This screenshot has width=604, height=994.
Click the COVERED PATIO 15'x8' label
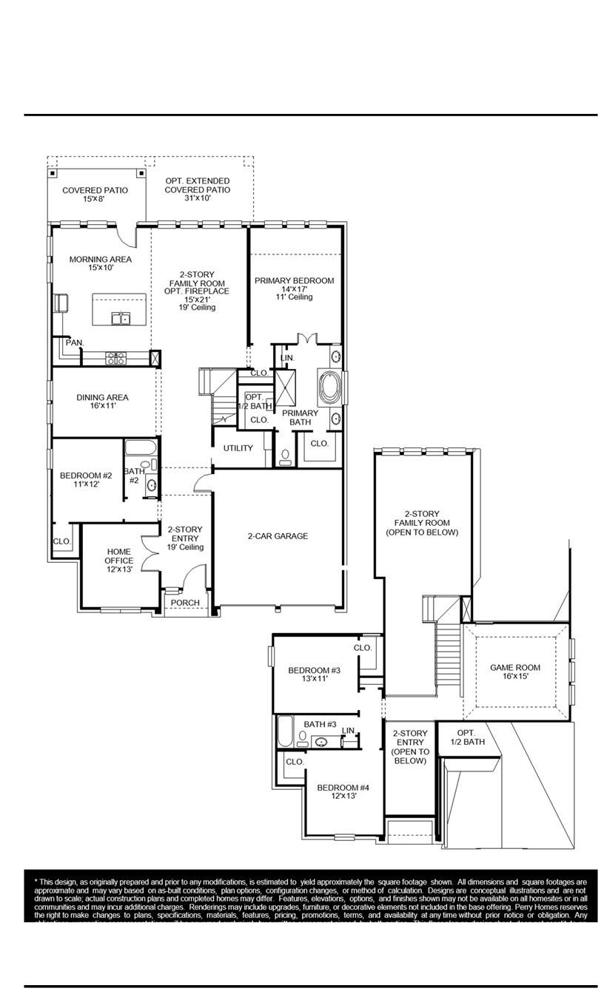(95, 195)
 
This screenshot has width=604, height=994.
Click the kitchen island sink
(121, 318)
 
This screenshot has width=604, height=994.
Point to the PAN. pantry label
(74, 342)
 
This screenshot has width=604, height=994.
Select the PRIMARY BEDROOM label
(294, 288)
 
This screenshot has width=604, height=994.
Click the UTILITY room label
(238, 448)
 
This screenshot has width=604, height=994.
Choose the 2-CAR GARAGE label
(278, 536)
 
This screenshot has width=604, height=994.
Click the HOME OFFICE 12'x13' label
(119, 561)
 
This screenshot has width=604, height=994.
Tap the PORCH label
(185, 603)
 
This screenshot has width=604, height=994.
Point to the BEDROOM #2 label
(86, 480)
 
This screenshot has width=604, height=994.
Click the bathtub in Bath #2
(140, 447)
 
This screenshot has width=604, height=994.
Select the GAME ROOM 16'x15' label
(515, 672)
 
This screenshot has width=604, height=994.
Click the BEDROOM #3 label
(314, 674)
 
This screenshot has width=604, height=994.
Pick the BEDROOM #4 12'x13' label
(343, 792)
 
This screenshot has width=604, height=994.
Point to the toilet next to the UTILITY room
(286, 456)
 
